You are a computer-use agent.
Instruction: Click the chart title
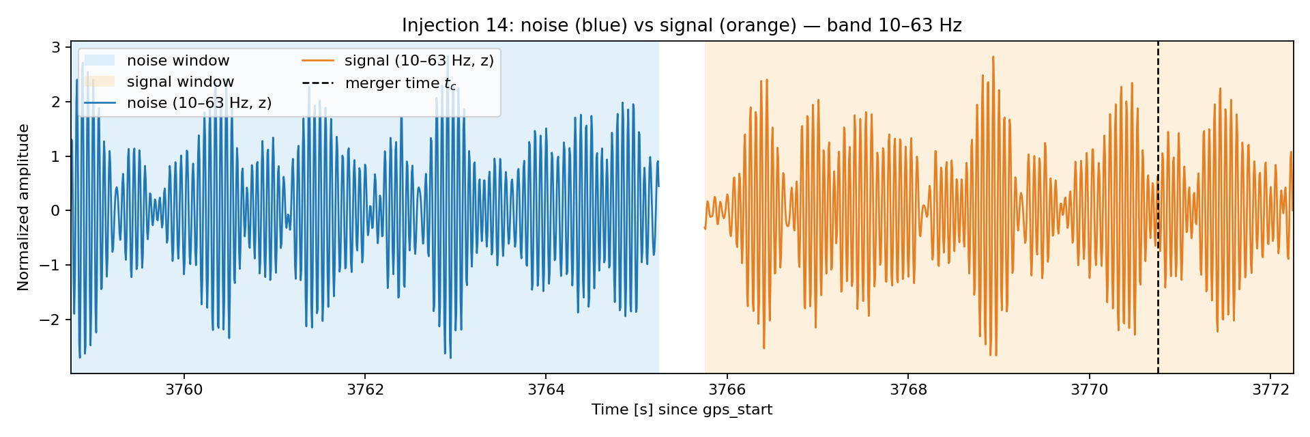682,25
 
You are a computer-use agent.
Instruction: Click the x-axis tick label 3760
184,390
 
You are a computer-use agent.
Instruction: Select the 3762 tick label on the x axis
365,390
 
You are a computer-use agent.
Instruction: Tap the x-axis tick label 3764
546,390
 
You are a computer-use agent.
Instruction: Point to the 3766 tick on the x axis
727,390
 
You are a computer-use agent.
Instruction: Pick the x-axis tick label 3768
908,390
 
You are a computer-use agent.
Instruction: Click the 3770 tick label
1090,390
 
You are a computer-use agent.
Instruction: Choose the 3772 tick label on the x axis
1270,390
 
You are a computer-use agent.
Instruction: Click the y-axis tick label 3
56,47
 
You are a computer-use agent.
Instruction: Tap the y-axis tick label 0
56,210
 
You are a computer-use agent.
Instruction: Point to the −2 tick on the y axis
50,320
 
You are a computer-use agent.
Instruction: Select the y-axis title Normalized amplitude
24,208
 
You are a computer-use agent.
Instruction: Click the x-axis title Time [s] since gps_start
682,410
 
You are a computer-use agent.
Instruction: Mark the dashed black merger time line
1158,208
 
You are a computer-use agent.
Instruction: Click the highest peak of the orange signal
993,57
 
